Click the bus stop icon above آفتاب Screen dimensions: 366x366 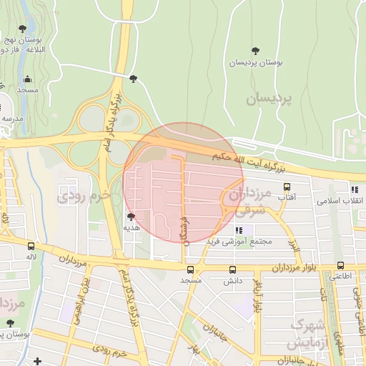287,186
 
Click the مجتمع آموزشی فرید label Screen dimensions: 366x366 240,241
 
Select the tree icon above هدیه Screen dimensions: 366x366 130,217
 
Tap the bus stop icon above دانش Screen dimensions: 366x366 232,269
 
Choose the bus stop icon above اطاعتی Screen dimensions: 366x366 340,266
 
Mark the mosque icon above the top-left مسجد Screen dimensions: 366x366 28,80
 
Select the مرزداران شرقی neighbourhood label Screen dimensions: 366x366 248,201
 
